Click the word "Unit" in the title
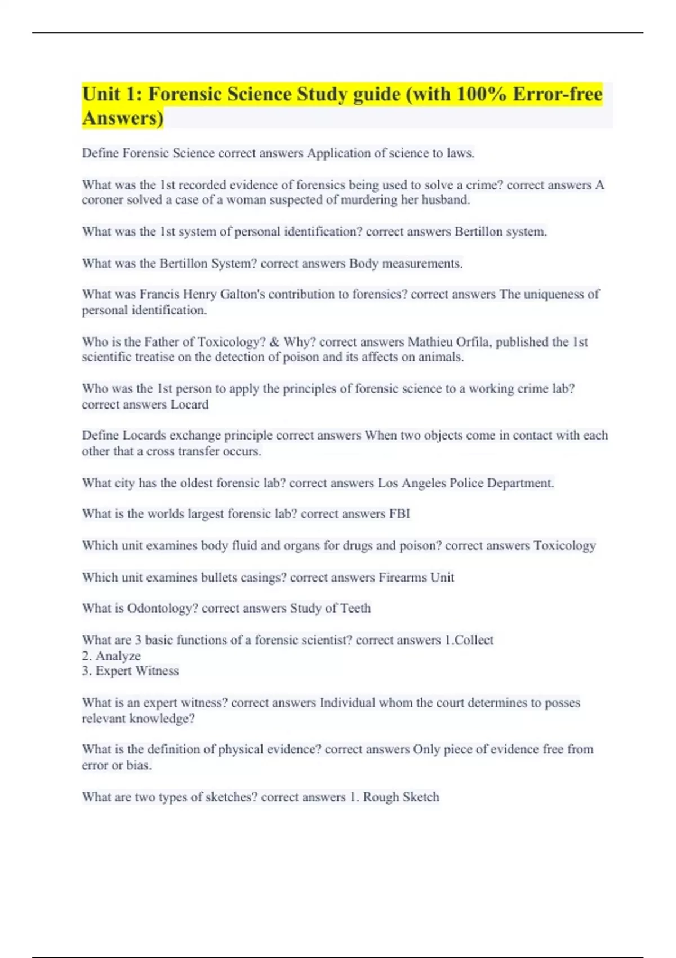pos(101,94)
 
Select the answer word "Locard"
pos(189,405)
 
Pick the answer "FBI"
pos(399,514)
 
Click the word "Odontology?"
pos(162,609)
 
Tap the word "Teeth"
pos(355,609)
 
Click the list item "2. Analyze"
pos(111,656)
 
